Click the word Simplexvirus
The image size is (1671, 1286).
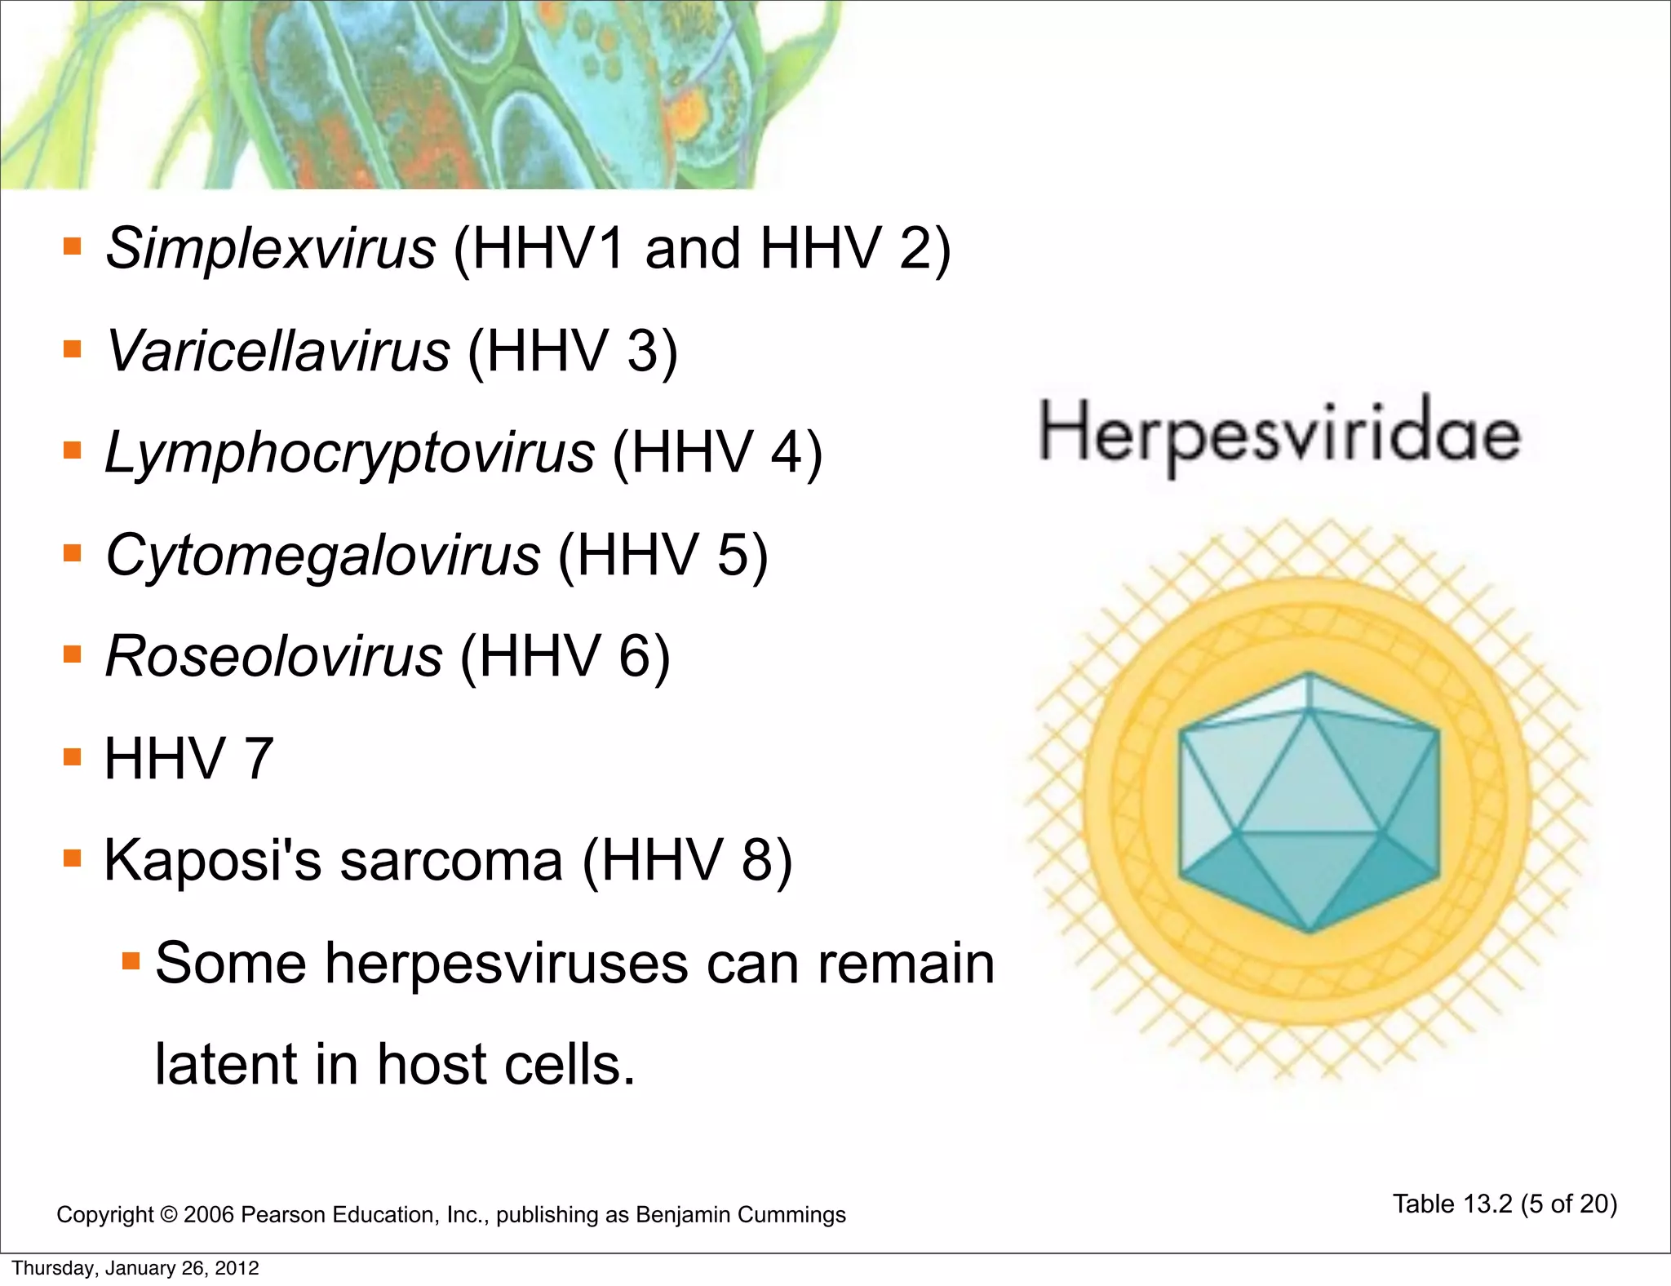coord(270,248)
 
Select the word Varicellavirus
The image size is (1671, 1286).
coord(277,351)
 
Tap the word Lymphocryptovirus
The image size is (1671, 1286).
coord(349,453)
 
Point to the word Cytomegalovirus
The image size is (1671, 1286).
coord(322,555)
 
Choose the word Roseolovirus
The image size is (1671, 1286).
coord(273,656)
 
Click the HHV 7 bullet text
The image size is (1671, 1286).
coord(188,759)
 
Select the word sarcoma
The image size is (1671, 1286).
coord(451,860)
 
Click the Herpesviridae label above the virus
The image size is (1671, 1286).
coord(1279,434)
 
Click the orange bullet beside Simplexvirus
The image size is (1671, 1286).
coord(73,246)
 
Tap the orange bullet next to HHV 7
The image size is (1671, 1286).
coord(73,757)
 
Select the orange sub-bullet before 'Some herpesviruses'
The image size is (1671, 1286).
coord(131,960)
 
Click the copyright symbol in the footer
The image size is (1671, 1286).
coord(168,1215)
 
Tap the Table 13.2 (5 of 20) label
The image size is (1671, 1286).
coord(1505,1204)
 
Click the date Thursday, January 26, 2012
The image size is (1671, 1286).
coord(135,1268)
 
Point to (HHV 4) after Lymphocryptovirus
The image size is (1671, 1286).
coord(717,453)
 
